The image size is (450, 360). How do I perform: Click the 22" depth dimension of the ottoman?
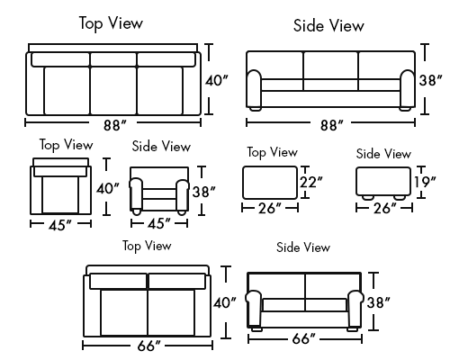pyautogui.click(x=311, y=182)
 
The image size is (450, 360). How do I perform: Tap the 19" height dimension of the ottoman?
pyautogui.click(x=425, y=182)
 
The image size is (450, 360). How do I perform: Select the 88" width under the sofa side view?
pyautogui.click(x=331, y=124)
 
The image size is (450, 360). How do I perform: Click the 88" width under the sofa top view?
pyautogui.click(x=115, y=125)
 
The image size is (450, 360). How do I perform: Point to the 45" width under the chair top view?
pyautogui.click(x=60, y=225)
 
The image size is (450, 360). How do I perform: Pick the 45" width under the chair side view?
pyautogui.click(x=158, y=223)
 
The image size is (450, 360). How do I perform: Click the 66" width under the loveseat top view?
pyautogui.click(x=148, y=346)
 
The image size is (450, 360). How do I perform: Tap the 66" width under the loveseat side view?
pyautogui.click(x=303, y=338)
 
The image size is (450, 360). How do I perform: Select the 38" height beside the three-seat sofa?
pyautogui.click(x=430, y=80)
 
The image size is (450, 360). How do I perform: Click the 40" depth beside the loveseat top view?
pyautogui.click(x=225, y=302)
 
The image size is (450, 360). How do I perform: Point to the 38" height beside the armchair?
pyautogui.click(x=204, y=192)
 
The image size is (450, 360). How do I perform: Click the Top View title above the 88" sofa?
pyautogui.click(x=111, y=23)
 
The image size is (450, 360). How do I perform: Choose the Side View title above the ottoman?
pyautogui.click(x=383, y=154)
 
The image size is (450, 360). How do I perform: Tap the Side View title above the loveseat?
pyautogui.click(x=303, y=247)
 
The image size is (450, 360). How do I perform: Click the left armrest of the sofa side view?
pyautogui.click(x=254, y=89)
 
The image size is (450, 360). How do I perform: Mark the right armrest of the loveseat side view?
pyautogui.click(x=355, y=309)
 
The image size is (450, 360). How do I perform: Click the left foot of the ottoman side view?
pyautogui.click(x=367, y=197)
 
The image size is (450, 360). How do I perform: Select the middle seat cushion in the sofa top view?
pyautogui.click(x=113, y=91)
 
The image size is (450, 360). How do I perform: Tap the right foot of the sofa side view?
pyautogui.click(x=405, y=109)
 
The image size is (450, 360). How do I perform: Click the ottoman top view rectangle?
pyautogui.click(x=270, y=183)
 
